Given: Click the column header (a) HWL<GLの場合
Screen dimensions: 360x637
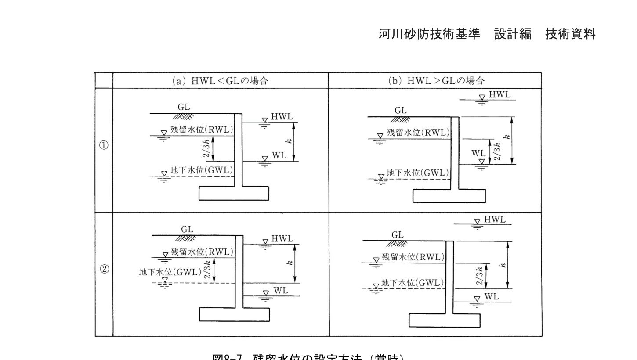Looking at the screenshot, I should (220, 81).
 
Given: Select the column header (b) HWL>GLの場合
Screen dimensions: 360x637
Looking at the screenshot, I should (436, 81).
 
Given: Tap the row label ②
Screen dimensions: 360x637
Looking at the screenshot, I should (104, 269).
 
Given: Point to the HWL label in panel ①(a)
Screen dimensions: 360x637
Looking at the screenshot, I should (282, 116).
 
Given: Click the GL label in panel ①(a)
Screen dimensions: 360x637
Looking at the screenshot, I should (184, 107).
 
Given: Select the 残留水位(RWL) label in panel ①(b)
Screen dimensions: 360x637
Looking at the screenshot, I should (418, 133).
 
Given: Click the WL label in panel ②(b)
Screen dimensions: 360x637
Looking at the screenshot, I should (492, 297).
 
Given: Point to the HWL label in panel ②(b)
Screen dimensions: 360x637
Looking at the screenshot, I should (495, 220).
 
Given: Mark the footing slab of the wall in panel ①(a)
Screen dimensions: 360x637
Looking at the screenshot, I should (234, 193).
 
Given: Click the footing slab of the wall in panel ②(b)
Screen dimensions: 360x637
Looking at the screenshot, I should (444, 320).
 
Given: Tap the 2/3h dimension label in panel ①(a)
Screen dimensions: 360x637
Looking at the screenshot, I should (206, 148).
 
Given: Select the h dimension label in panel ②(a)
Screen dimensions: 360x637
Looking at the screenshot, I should (289, 263).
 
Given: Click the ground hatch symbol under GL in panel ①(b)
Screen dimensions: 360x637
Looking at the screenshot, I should (400, 120).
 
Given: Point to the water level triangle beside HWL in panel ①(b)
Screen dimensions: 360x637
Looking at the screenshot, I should (482, 97).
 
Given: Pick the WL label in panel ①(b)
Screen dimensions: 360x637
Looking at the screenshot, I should (478, 153).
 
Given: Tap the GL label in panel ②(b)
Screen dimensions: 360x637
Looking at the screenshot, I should (397, 235).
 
